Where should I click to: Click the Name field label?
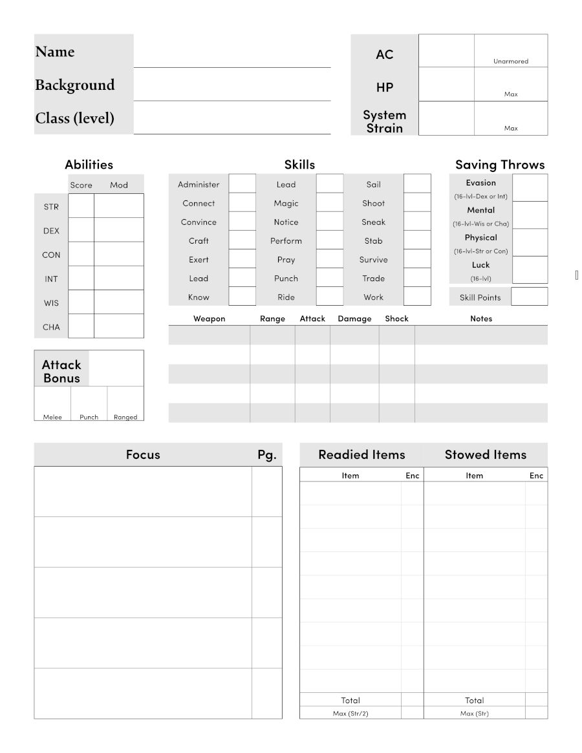point(55,52)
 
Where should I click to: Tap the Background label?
point(74,85)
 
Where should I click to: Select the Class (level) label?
point(74,118)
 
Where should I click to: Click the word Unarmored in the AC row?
point(511,61)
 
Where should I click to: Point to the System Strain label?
point(384,122)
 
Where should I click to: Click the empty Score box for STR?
point(81,206)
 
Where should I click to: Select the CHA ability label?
point(51,327)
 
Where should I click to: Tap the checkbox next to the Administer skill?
point(242,184)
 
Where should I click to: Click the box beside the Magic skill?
point(330,203)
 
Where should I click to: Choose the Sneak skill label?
point(373,222)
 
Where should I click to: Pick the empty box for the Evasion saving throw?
point(530,187)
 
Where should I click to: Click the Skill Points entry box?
point(530,297)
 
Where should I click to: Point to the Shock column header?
point(396,319)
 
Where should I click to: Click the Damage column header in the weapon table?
point(354,319)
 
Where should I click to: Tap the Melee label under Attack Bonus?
point(52,417)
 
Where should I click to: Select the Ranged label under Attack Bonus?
point(125,417)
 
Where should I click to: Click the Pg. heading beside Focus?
point(266,454)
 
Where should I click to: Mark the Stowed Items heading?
point(485,454)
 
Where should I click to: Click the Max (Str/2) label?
point(350,713)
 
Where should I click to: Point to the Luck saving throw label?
point(480,265)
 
